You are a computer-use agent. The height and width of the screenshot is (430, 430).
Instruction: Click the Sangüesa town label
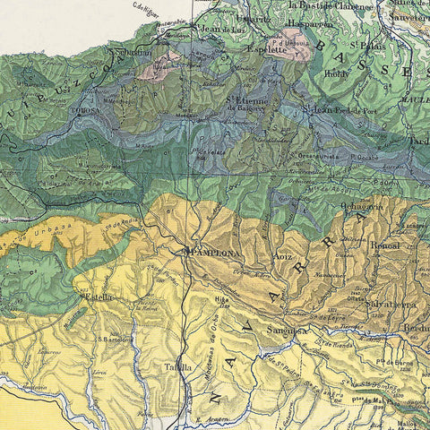[x=287, y=331]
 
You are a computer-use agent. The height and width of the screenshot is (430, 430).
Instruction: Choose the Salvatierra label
[x=391, y=305]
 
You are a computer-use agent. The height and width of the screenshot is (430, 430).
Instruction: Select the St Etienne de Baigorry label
[x=249, y=106]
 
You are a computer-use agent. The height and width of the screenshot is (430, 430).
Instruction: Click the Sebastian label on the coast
[x=134, y=53]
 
